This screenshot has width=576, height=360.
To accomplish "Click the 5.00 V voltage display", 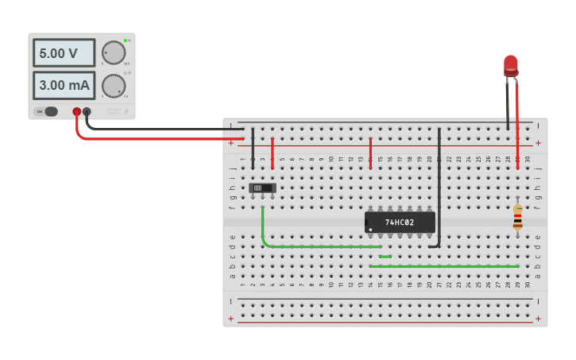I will [64, 53].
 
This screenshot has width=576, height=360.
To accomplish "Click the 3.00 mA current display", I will [64, 85].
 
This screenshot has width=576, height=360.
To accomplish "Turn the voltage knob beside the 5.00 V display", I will [114, 52].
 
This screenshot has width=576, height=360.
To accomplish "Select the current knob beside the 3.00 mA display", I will [114, 85].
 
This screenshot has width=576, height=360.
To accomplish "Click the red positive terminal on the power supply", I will [76, 112].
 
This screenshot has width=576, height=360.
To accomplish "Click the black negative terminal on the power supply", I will [87, 112].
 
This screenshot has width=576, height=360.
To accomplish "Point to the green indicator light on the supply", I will [125, 41].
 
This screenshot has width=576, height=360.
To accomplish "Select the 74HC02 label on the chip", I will [400, 223].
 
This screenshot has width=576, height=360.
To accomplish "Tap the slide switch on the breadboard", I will [262, 188].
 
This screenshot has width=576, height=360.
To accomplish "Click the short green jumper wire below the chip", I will [385, 257].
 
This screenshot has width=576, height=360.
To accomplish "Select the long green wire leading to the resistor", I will [445, 266].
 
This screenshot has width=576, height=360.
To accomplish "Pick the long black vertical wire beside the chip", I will [439, 183].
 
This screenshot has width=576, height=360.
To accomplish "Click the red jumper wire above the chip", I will [370, 153].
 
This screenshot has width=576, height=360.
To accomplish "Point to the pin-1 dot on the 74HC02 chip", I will [370, 230].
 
